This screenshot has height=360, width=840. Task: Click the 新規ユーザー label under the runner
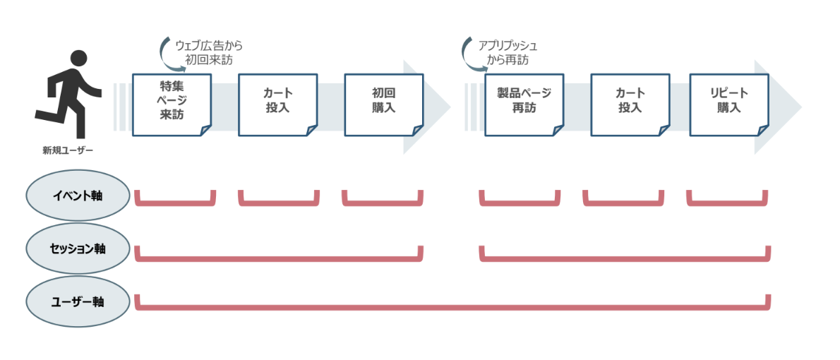[x=68, y=150]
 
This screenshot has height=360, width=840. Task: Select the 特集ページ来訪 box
[x=172, y=104]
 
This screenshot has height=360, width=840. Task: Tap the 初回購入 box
[x=383, y=104]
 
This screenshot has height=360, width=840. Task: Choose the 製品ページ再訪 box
[x=524, y=104]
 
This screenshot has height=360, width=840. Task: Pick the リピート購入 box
[x=728, y=104]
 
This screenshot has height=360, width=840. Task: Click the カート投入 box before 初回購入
[x=277, y=104]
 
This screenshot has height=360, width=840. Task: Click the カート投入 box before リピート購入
[x=630, y=104]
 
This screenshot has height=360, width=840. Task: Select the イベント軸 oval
[x=78, y=195]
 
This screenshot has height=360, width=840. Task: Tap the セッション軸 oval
[x=78, y=248]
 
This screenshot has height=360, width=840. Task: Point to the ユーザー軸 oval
[x=78, y=301]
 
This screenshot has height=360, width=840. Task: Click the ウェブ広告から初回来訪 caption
[x=208, y=53]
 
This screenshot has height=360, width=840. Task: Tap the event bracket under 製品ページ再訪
[x=520, y=203]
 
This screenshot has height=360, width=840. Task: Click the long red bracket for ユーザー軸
[x=452, y=307]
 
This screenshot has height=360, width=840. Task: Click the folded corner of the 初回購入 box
[x=418, y=130]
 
